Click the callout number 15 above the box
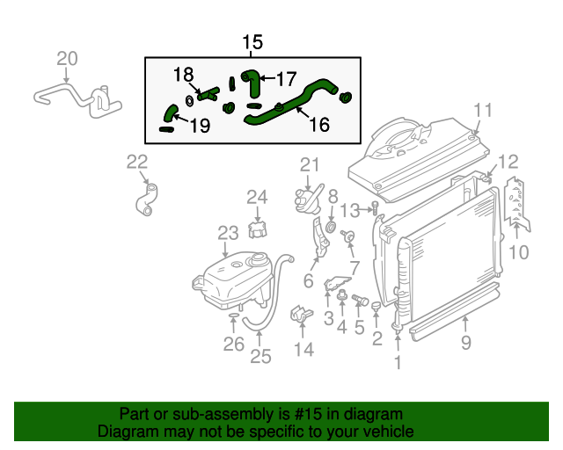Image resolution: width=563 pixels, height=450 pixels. (252, 42)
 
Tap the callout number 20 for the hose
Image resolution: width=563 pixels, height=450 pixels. (68, 59)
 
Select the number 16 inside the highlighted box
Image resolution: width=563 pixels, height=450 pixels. (318, 126)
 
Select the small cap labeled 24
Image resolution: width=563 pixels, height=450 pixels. (257, 229)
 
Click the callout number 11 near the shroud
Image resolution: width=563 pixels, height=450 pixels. (483, 110)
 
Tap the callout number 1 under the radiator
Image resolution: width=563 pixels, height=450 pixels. (398, 361)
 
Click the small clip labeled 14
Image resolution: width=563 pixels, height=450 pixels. (300, 313)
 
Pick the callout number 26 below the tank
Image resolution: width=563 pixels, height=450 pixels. (233, 344)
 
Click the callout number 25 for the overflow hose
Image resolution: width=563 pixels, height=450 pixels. (260, 356)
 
